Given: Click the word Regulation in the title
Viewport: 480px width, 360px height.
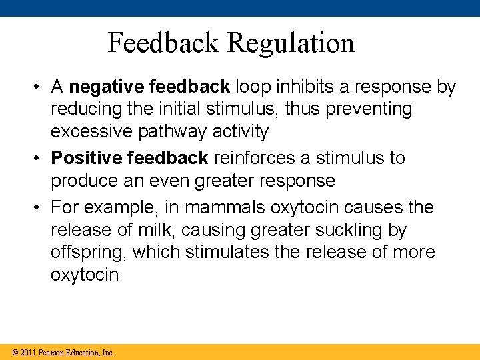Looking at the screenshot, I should pos(291,43).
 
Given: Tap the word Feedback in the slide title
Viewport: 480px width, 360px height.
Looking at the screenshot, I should pos(163,43).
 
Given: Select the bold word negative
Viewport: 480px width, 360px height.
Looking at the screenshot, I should pos(107,87).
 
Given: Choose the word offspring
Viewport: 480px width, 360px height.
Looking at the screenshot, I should pos(87,253).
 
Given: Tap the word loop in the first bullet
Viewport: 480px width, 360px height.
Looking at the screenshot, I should pos(253,87).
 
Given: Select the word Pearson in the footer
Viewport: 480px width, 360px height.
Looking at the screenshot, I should pos(51,352).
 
